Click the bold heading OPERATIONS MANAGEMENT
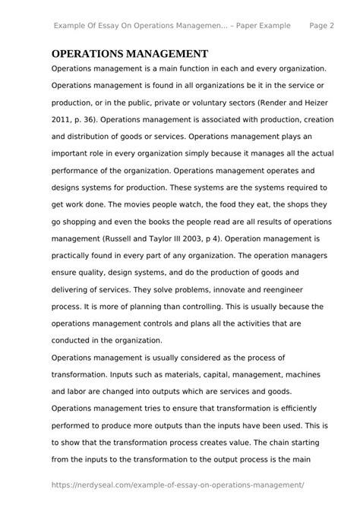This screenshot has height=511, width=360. point(130,54)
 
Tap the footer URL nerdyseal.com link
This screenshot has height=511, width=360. point(178,484)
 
